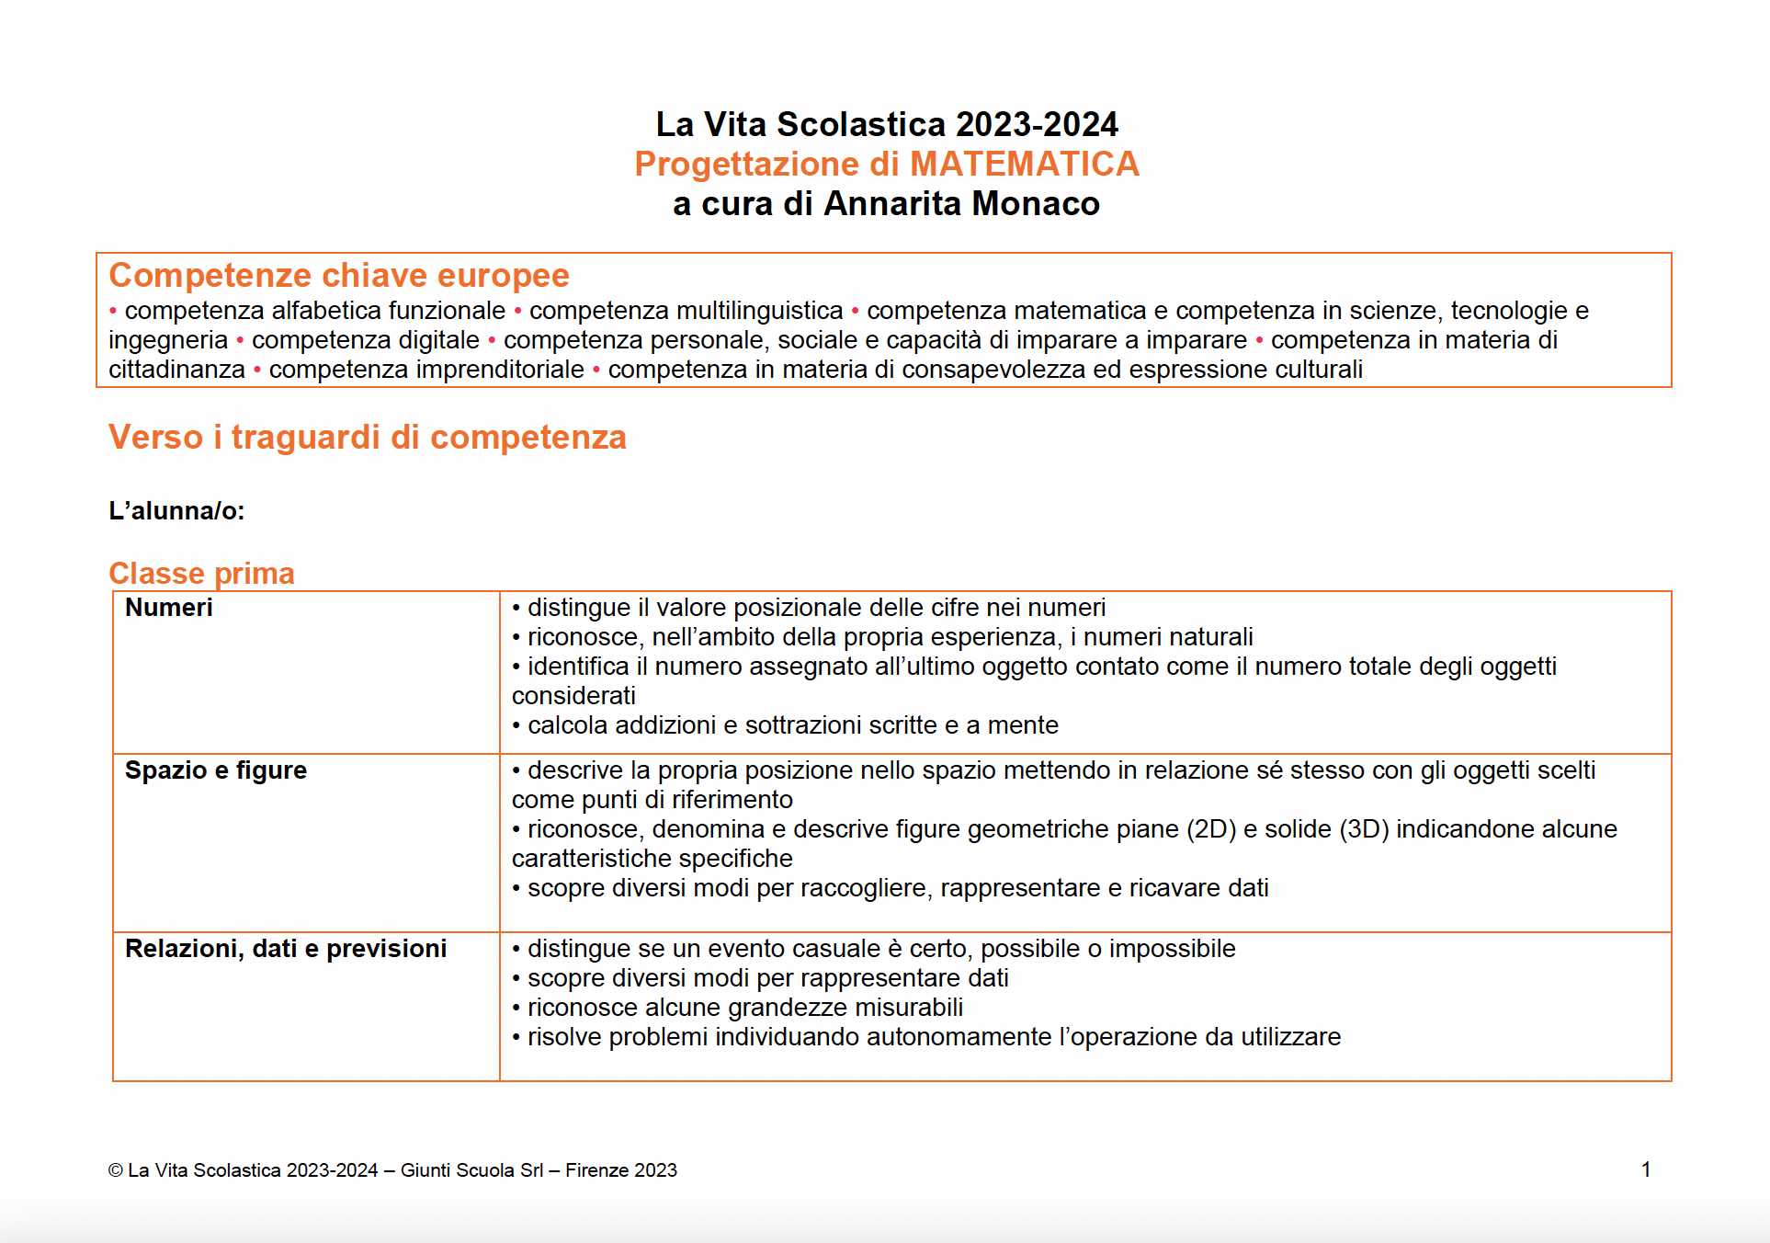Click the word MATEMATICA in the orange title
click(1024, 164)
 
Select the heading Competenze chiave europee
click(339, 275)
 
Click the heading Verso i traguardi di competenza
click(368, 437)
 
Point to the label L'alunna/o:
click(176, 510)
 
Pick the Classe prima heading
click(201, 573)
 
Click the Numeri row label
click(169, 608)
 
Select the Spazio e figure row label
click(216, 770)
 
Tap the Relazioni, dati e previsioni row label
click(286, 949)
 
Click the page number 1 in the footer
click(1646, 1169)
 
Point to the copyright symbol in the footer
click(116, 1170)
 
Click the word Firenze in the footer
click(596, 1170)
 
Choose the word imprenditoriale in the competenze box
click(426, 370)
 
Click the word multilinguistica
click(686, 311)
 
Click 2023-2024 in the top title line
click(1037, 124)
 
